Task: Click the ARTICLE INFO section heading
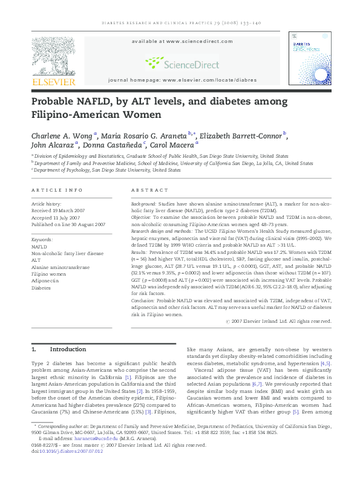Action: (x=57, y=190)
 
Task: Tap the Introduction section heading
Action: (x=68, y=349)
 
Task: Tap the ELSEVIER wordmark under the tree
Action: (x=54, y=82)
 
